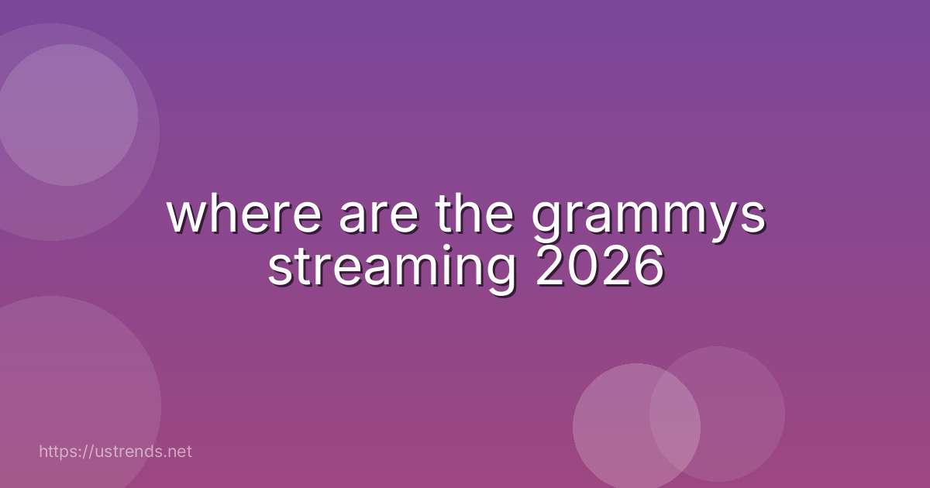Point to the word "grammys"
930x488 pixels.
pyautogui.click(x=649, y=221)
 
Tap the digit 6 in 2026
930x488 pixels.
pyautogui.click(x=648, y=268)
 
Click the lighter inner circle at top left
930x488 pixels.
pyautogui.click(x=67, y=115)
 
